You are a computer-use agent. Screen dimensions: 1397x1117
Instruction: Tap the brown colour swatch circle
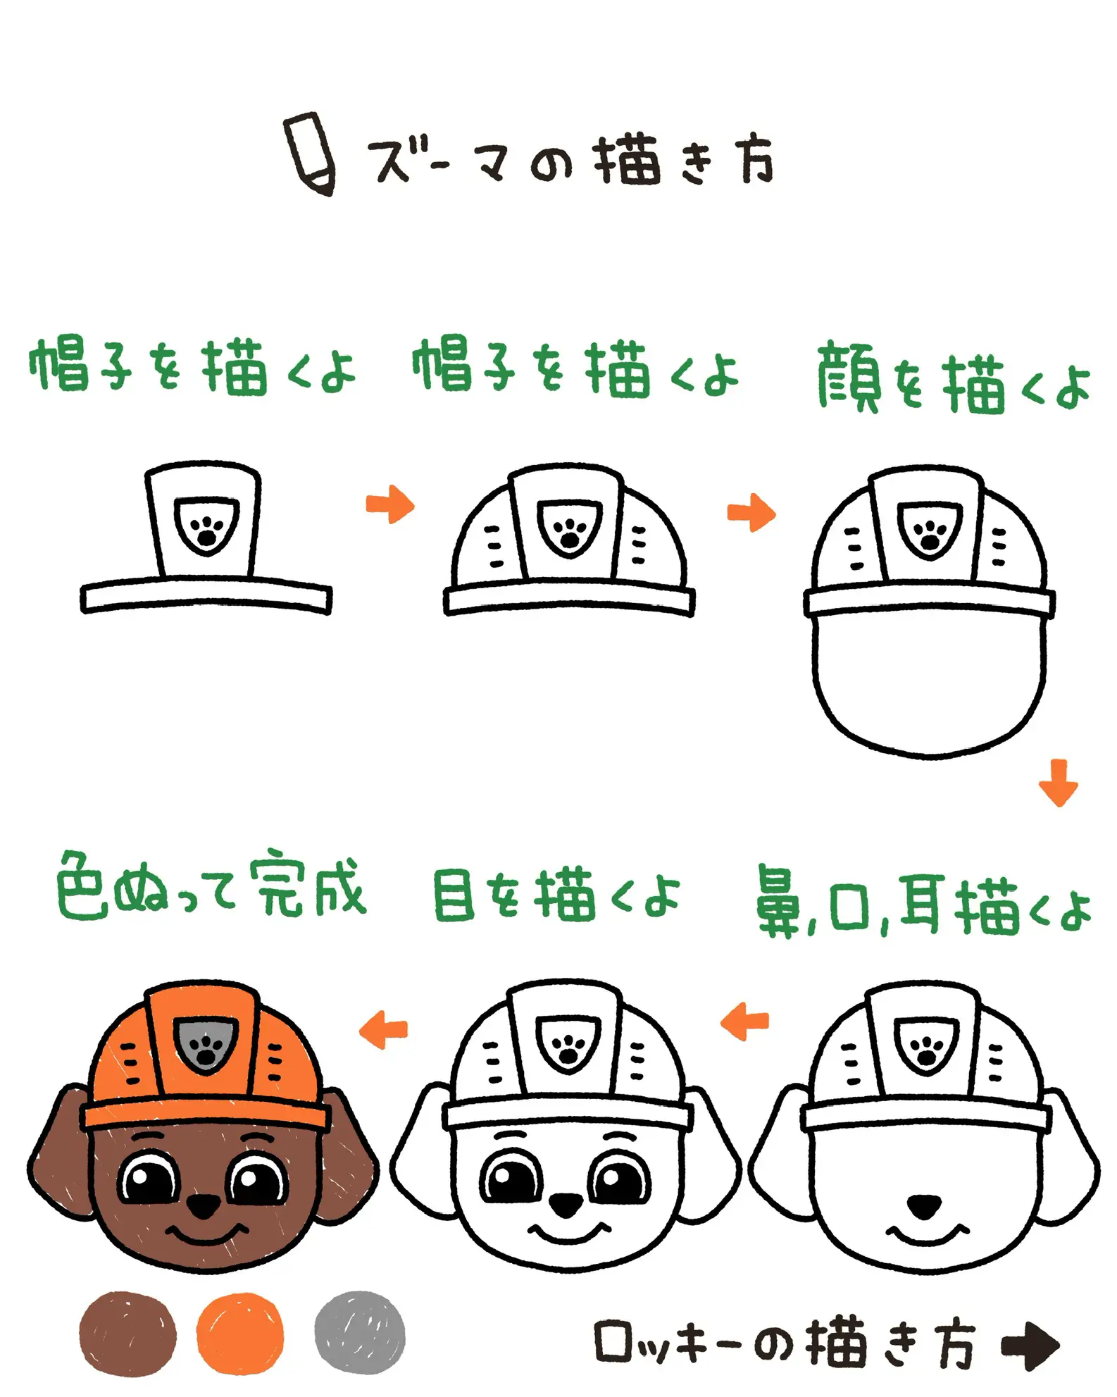tap(127, 1334)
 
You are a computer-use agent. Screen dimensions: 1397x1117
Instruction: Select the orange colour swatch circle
tap(240, 1334)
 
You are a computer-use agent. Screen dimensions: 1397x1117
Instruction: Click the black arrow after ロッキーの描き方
tap(1030, 1345)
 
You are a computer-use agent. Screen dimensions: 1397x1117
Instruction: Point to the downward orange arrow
tap(1058, 782)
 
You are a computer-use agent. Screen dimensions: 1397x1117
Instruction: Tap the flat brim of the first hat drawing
tap(206, 597)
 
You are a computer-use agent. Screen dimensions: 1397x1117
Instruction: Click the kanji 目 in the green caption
tap(454, 895)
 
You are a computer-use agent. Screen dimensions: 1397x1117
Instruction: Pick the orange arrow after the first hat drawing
tap(390, 504)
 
